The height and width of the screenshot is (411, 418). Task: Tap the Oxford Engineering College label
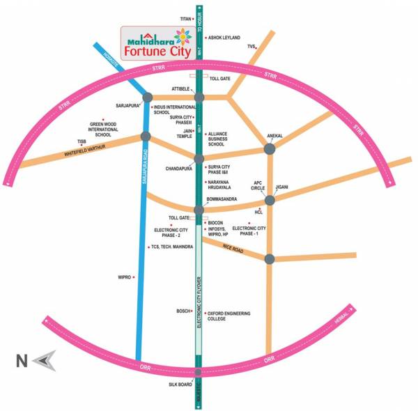229,316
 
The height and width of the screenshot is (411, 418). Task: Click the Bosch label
183,311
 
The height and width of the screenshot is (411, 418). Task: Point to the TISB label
82,141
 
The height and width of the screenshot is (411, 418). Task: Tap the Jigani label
281,187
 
